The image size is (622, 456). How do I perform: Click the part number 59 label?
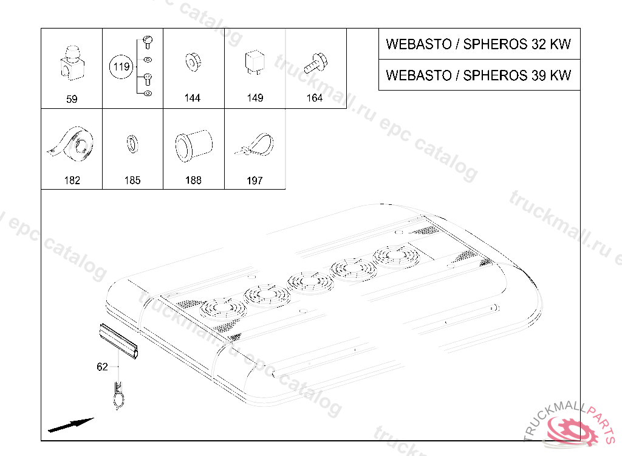(x=72, y=98)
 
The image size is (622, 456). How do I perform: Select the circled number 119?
(x=122, y=67)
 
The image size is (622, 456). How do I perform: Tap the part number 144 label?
(x=193, y=98)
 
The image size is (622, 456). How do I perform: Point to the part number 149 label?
(x=255, y=98)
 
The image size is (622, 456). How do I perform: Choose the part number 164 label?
(x=315, y=98)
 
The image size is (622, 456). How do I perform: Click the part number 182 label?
(x=72, y=181)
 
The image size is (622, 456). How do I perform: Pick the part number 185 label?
(x=132, y=181)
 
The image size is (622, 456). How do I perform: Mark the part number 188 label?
(x=193, y=181)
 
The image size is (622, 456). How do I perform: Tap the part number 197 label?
(x=255, y=181)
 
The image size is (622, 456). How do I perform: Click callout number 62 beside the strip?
(x=102, y=367)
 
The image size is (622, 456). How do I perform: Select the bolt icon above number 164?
(x=315, y=61)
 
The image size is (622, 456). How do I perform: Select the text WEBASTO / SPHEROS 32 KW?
(x=479, y=44)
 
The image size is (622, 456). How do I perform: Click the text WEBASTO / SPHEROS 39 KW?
(x=479, y=75)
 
